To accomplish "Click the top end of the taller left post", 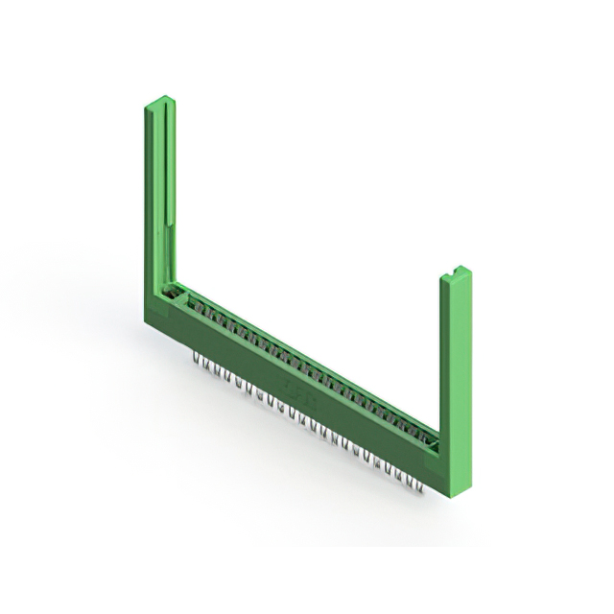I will [160, 100].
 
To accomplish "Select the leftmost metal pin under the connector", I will [197, 359].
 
